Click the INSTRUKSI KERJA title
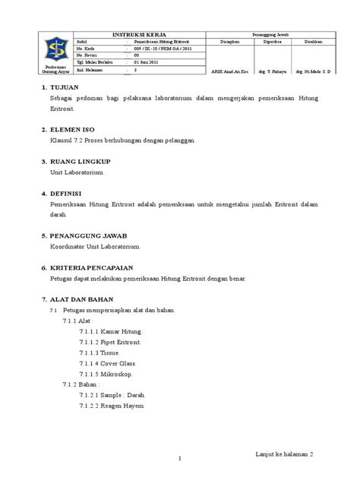(x=137, y=34)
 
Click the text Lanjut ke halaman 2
(x=284, y=452)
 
